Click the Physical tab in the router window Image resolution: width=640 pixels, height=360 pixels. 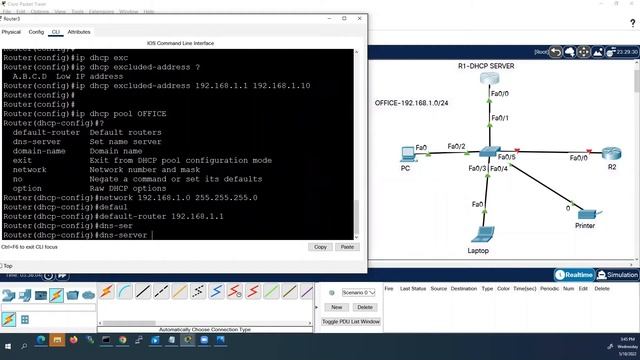[x=11, y=32]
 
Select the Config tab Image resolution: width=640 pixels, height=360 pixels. [x=35, y=32]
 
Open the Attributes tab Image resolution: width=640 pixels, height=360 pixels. [x=79, y=32]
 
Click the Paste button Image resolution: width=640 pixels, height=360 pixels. [x=347, y=246]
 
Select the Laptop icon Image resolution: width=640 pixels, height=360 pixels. [x=482, y=235]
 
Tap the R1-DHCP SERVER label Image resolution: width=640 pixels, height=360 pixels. [x=486, y=66]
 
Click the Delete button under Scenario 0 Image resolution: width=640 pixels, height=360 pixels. [x=365, y=307]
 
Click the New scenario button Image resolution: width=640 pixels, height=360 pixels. [x=336, y=307]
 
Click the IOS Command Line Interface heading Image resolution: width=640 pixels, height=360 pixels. [x=180, y=44]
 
